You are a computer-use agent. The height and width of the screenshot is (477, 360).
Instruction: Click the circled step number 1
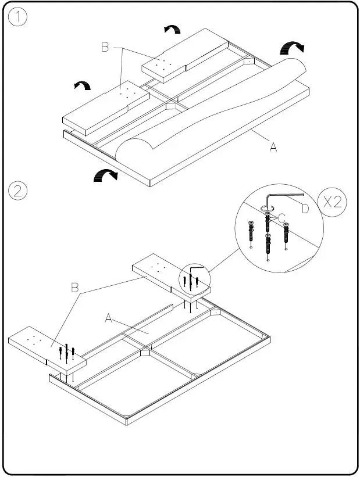point(18,17)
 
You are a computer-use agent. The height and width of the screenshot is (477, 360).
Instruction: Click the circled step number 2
point(18,190)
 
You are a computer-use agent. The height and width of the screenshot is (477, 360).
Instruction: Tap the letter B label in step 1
point(105,48)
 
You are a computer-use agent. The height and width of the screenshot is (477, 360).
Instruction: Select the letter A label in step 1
point(273,148)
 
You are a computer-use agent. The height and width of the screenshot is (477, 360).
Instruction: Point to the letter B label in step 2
point(74,287)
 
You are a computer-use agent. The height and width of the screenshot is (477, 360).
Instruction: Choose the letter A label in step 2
point(108,318)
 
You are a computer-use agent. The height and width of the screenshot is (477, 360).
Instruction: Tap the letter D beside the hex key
point(305,209)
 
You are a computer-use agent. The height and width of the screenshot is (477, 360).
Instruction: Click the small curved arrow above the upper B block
point(172,29)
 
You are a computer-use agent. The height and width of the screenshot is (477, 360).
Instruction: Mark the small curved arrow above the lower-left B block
point(83,86)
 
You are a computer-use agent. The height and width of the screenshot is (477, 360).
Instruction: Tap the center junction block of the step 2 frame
point(145,353)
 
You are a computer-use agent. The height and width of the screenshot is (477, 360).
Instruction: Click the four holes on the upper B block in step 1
point(163,63)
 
